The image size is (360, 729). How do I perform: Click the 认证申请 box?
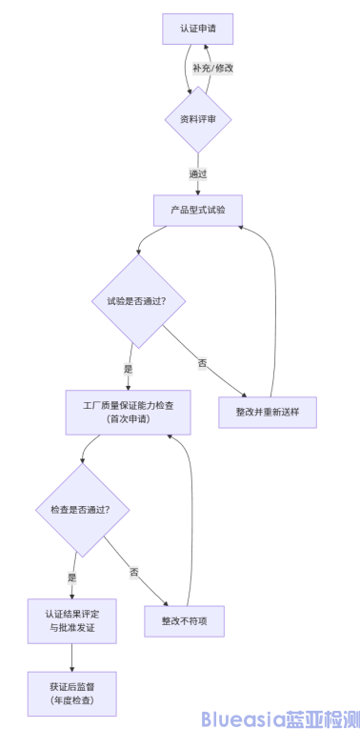point(198,28)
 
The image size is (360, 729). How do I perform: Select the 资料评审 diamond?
point(198,119)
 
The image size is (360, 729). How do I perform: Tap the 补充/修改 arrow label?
point(212,69)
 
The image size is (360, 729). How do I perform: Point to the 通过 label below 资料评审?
point(198,174)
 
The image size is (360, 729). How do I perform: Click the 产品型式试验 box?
point(198,210)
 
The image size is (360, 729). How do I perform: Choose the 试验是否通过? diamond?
point(139,301)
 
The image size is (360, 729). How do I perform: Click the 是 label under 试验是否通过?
point(128,369)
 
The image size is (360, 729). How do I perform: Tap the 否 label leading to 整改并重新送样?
point(202,363)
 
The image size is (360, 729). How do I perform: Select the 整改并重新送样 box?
point(269,411)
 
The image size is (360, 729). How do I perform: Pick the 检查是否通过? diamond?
point(81,510)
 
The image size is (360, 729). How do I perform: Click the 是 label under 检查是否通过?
point(71,578)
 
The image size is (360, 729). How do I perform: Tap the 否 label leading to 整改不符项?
point(134,572)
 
